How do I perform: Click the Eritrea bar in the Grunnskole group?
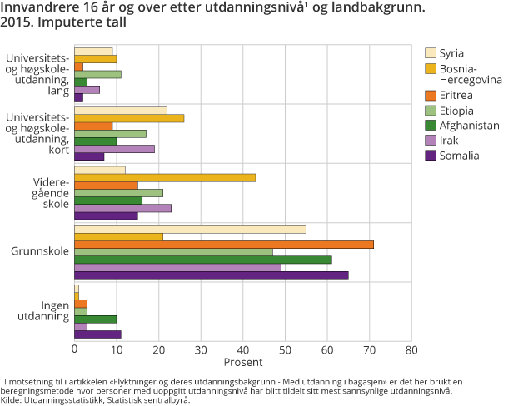pyautogui.click(x=224, y=245)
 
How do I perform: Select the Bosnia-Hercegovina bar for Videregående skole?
pyautogui.click(x=165, y=177)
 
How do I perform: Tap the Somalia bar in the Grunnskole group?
pyautogui.click(x=212, y=275)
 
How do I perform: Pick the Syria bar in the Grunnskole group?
pyautogui.click(x=190, y=230)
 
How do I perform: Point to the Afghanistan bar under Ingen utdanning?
pyautogui.click(x=96, y=319)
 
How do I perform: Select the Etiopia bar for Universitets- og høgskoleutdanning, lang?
pyautogui.click(x=97, y=74)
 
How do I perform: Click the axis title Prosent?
pyautogui.click(x=242, y=363)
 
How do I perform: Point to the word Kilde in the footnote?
pyautogui.click(x=12, y=399)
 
